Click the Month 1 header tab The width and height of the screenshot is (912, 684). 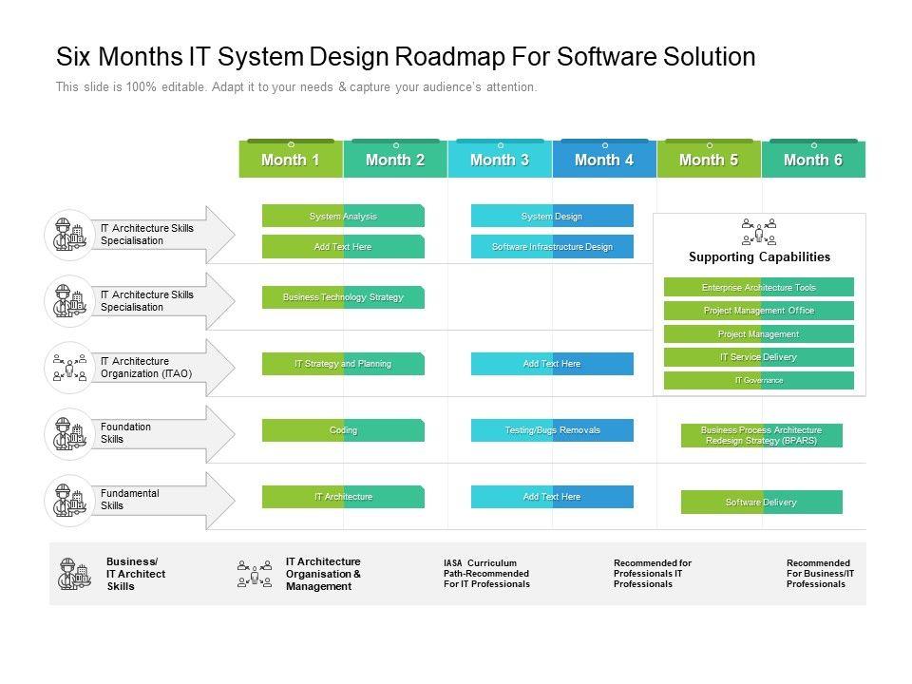click(x=291, y=160)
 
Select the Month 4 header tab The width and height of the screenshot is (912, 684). click(x=604, y=160)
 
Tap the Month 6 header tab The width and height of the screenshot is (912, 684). click(x=813, y=160)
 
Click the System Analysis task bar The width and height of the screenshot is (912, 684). click(x=343, y=217)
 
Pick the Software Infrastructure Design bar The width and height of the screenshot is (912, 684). click(x=552, y=247)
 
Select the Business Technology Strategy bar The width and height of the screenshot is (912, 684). click(x=343, y=297)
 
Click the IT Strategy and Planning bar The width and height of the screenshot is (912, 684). click(x=343, y=364)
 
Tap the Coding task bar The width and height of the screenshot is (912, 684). click(x=343, y=430)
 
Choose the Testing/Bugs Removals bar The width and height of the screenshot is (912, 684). click(x=552, y=430)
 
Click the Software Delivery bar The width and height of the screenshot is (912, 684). click(x=761, y=503)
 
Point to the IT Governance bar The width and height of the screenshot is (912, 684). click(x=759, y=381)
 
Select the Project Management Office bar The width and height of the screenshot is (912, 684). click(x=759, y=311)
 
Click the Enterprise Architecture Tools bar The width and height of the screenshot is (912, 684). click(x=759, y=287)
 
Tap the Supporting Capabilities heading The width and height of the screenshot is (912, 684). click(x=759, y=256)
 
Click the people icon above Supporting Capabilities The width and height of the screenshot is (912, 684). click(x=759, y=231)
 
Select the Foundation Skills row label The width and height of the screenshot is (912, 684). click(x=125, y=433)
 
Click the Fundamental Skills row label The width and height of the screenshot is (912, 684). click(x=129, y=500)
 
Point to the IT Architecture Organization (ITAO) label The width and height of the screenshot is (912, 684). click(x=145, y=368)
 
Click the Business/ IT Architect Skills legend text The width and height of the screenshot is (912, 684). click(x=135, y=574)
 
